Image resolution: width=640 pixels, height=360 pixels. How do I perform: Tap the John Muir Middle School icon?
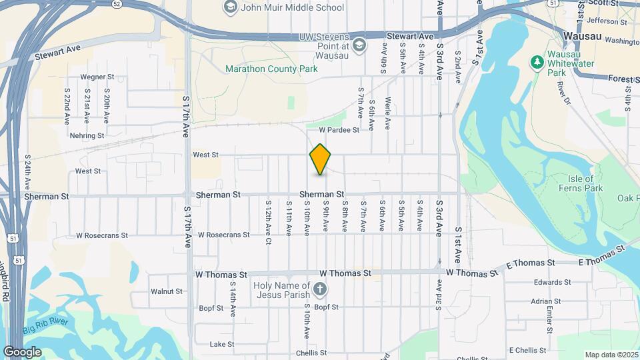tap(230, 7)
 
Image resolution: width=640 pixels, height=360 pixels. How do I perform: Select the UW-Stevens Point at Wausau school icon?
tap(359, 45)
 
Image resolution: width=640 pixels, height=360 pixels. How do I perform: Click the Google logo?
tap(22, 351)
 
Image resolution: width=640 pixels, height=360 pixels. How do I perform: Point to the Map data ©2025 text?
tap(611, 355)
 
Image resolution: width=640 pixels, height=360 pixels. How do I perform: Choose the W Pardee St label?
tap(339, 130)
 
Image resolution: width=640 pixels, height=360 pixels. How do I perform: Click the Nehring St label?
tap(87, 135)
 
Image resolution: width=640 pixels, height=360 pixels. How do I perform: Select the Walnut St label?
tap(166, 291)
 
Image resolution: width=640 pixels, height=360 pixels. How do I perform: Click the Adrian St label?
tap(546, 301)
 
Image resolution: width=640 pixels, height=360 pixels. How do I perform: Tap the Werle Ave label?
tap(388, 113)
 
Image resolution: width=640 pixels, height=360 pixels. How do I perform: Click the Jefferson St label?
tap(603, 21)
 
